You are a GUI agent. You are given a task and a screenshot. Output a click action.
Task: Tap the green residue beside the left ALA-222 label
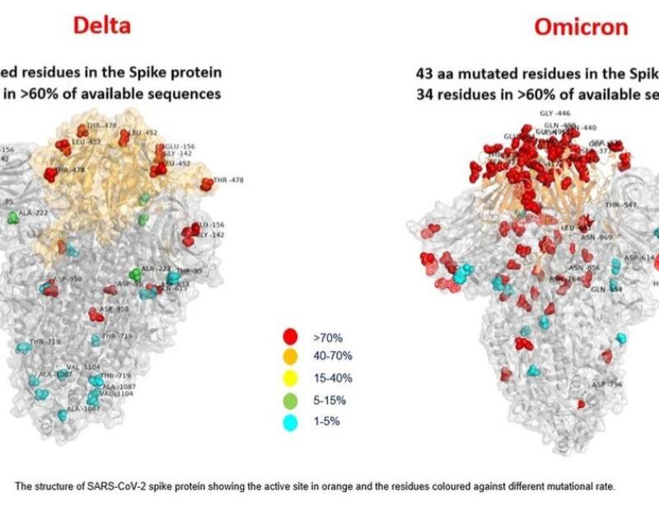13,218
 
